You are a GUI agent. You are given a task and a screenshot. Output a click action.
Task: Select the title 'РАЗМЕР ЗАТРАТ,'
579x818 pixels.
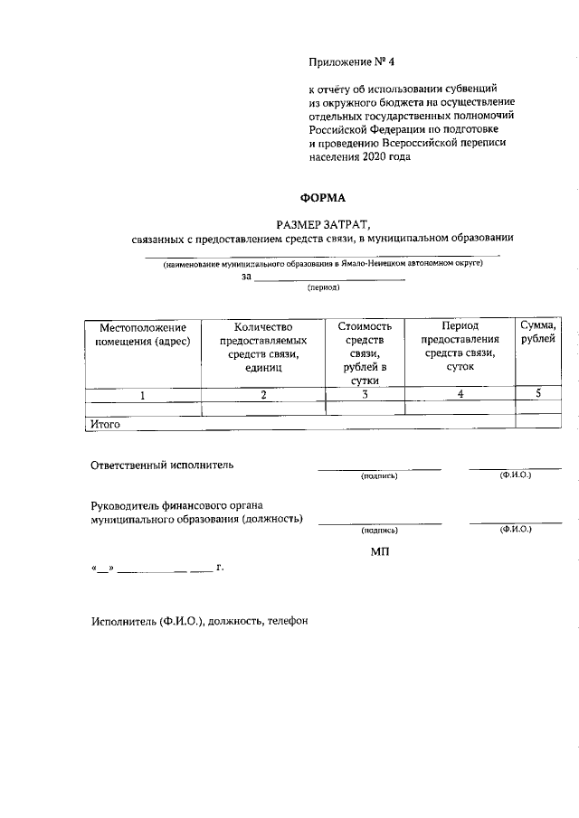click(x=323, y=222)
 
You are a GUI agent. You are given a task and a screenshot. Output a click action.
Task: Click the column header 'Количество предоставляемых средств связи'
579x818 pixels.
click(x=263, y=347)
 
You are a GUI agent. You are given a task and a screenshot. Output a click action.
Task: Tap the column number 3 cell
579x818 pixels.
click(x=365, y=395)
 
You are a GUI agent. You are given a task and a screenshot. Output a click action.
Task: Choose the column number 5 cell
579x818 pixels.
click(x=538, y=393)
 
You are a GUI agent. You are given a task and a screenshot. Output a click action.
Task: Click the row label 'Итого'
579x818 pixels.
click(x=105, y=422)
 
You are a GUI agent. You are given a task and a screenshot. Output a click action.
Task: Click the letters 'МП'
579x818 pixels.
click(x=380, y=550)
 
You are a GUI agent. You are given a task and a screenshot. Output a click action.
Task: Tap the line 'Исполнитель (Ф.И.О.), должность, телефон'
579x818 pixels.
click(x=200, y=623)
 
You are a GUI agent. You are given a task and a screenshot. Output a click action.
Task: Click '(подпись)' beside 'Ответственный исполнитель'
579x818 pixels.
click(x=379, y=475)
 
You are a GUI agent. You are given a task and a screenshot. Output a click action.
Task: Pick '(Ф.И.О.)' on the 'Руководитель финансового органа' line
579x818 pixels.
click(x=515, y=530)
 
